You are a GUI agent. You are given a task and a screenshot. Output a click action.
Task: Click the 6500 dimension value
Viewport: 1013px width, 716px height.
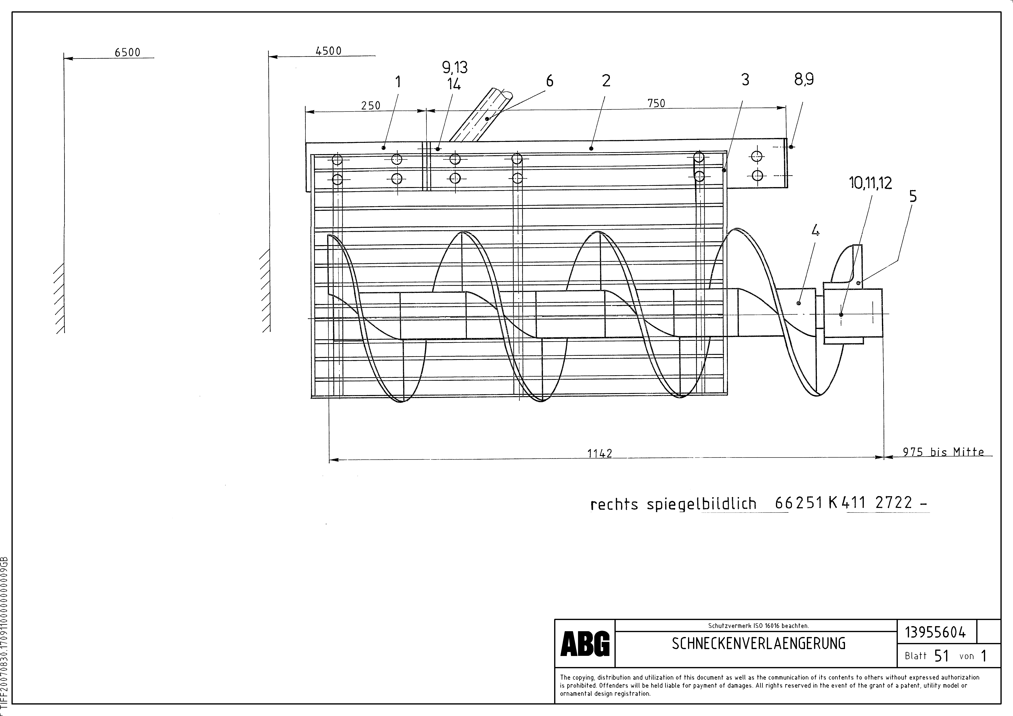[x=128, y=53]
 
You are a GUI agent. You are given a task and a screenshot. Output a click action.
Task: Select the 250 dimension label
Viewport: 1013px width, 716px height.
[x=371, y=106]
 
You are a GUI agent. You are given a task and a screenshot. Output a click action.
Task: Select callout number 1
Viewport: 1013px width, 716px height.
[x=398, y=82]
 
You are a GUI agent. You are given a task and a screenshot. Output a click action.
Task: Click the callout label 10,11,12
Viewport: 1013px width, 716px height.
[x=870, y=183]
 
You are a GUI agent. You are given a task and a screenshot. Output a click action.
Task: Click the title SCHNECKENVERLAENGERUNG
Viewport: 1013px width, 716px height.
[x=758, y=644]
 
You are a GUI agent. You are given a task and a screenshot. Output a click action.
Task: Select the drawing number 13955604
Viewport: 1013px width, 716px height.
[x=935, y=633]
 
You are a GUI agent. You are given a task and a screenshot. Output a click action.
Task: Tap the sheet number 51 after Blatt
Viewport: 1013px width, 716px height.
[x=941, y=656]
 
